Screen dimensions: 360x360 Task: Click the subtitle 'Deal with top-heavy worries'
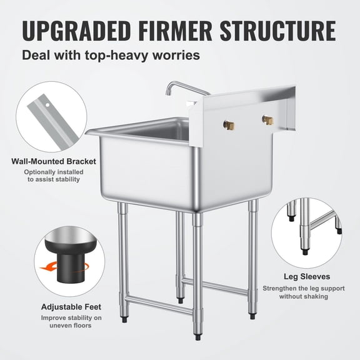pos(111,55)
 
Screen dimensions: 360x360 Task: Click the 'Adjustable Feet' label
pos(71,307)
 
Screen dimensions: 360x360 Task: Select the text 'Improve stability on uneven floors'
pos(71,321)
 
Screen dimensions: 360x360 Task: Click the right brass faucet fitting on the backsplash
pos(267,119)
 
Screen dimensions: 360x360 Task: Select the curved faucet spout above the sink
pos(181,89)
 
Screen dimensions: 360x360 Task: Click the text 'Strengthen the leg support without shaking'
pos(304,292)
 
